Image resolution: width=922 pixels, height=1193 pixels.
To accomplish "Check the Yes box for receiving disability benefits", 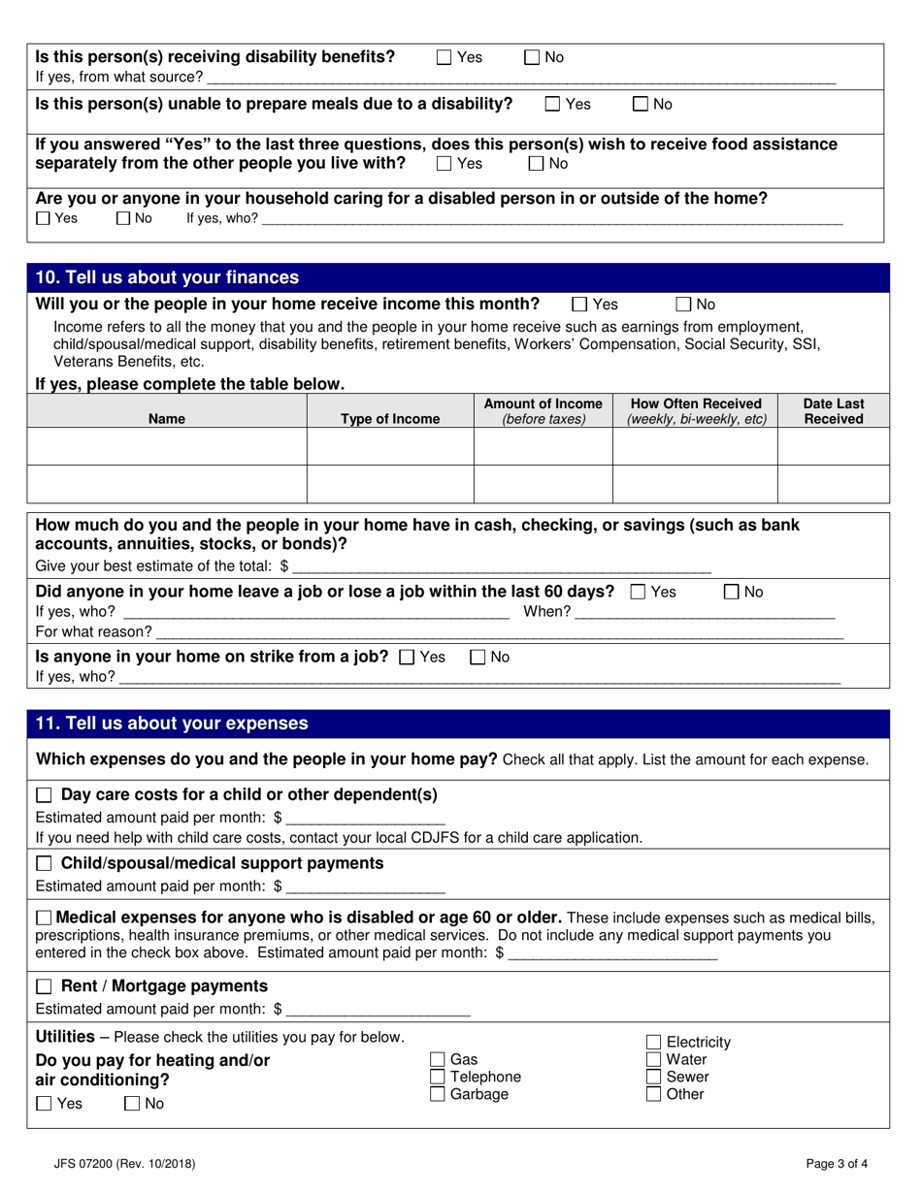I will click(x=444, y=57).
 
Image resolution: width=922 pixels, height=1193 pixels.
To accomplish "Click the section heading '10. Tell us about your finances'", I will click(x=168, y=278).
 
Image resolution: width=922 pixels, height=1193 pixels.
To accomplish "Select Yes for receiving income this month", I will click(x=579, y=304).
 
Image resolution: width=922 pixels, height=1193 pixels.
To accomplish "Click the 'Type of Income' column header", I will click(x=390, y=419).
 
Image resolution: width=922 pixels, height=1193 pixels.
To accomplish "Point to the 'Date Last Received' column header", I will click(x=834, y=411).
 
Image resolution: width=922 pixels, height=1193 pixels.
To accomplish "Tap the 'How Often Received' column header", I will click(x=696, y=411).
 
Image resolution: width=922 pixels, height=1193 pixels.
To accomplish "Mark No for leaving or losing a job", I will click(x=733, y=592).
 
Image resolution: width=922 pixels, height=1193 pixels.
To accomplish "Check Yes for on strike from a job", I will click(x=408, y=657).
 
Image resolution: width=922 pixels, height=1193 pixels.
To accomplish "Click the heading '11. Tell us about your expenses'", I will click(x=172, y=724).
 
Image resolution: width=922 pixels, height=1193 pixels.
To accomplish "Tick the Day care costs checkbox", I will click(x=44, y=795).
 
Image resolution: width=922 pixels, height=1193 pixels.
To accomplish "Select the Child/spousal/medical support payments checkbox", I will click(x=44, y=863).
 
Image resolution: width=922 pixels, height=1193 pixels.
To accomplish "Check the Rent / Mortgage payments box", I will click(x=44, y=986).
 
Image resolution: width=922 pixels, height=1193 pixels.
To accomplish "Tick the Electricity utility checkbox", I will click(x=654, y=1043).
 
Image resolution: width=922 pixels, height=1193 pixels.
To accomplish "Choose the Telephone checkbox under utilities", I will click(x=438, y=1077).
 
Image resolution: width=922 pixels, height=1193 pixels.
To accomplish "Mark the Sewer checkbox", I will click(x=654, y=1077).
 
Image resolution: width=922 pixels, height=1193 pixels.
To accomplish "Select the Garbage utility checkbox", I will click(x=438, y=1094).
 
